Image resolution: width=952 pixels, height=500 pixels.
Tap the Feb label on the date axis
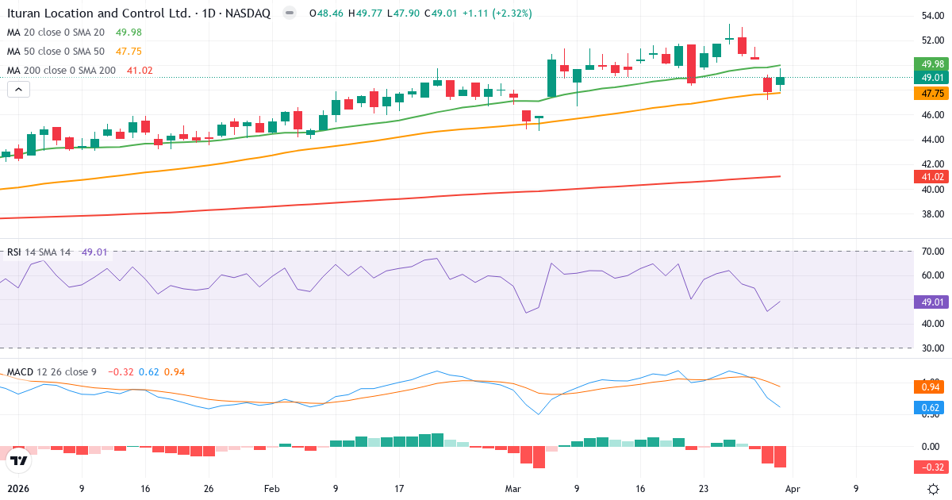(272, 489)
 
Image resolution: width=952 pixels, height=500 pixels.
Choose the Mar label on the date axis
(513, 489)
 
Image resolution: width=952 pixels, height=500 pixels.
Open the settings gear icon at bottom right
(934, 489)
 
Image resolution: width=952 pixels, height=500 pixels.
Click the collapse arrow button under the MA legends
(19, 90)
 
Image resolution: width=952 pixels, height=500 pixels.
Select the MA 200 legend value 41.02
(140, 71)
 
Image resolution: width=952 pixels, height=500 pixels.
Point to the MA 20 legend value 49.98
(129, 33)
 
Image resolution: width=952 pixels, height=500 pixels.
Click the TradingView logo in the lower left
(20, 460)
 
